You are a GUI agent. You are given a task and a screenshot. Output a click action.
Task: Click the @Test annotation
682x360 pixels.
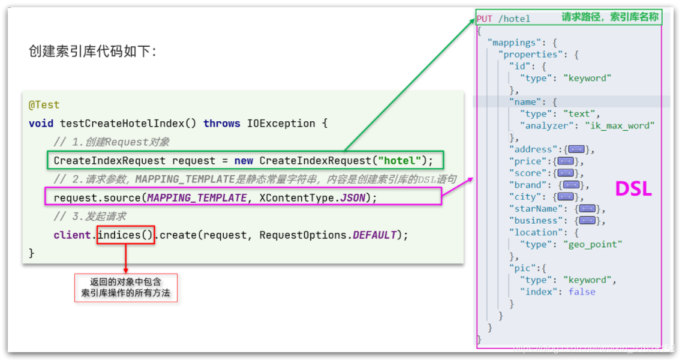44,105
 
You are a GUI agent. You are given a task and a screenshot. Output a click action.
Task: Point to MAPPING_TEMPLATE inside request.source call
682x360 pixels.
197,198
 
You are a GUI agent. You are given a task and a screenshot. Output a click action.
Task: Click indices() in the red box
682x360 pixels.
126,235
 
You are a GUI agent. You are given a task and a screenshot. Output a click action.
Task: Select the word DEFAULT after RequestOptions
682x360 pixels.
374,235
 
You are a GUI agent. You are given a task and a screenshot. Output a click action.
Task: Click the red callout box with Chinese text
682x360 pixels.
126,287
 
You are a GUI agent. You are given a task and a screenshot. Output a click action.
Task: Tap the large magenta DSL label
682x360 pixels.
633,190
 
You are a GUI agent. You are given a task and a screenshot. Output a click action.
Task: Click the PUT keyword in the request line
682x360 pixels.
485,19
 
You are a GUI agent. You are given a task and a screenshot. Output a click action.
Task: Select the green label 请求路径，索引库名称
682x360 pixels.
609,17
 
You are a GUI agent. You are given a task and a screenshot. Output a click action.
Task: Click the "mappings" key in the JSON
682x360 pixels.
513,43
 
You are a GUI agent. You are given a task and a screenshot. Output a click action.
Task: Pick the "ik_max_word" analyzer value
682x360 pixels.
620,125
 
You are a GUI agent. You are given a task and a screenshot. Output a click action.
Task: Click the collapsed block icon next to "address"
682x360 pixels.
576,149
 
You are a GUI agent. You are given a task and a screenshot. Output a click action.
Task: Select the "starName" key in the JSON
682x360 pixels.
536,209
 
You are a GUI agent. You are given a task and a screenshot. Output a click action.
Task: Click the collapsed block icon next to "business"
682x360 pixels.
587,221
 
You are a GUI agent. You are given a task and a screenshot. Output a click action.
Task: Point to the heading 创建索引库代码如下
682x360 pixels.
92,52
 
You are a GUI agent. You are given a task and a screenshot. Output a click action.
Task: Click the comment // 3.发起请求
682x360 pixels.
89,217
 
